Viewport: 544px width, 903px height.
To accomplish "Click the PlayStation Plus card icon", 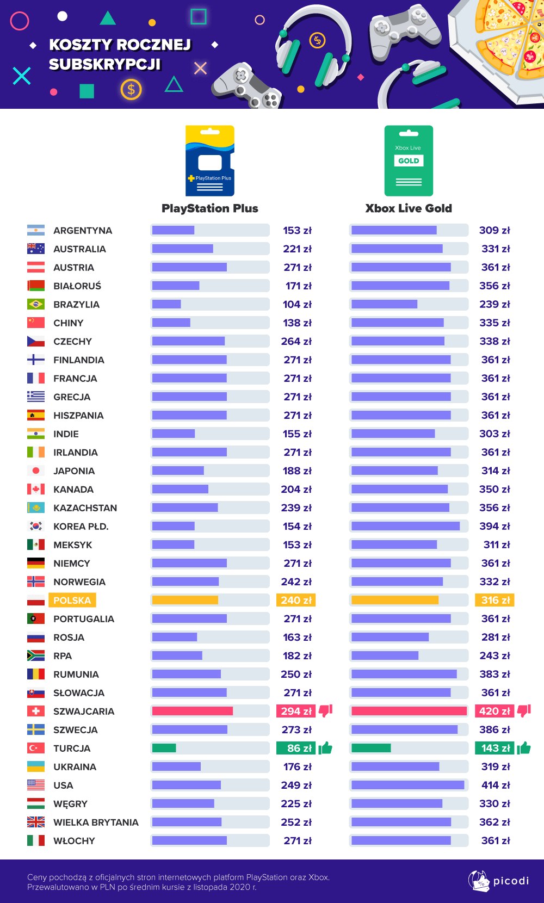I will point(210,160).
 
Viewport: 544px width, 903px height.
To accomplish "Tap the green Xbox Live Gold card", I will point(409,160).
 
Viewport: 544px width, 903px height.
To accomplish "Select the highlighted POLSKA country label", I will point(72,600).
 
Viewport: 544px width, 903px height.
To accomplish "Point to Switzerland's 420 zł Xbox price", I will point(494,711).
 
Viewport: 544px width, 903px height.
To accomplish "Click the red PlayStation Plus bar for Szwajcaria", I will point(192,711).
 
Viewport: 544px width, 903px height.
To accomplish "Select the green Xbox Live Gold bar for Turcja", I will point(371,748).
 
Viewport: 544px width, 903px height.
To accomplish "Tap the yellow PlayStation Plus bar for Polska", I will point(185,600).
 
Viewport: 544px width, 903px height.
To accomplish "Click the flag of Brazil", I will point(36,304).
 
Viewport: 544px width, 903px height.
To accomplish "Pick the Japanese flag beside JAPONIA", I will point(36,471).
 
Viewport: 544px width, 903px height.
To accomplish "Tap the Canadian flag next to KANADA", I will point(36,489).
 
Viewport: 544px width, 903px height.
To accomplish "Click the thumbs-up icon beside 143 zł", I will point(523,748).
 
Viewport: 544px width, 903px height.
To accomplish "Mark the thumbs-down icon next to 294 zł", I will point(325,710).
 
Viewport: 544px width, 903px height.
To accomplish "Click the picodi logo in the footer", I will point(498,881).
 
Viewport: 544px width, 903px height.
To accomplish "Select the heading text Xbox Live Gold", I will point(409,208).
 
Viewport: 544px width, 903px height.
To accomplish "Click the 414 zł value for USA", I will point(494,785).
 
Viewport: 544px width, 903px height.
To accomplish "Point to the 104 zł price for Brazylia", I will point(297,304).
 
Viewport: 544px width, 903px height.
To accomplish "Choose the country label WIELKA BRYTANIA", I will point(96,822).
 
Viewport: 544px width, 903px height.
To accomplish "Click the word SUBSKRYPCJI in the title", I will point(105,64).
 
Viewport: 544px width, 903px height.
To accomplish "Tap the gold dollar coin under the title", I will point(131,89).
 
